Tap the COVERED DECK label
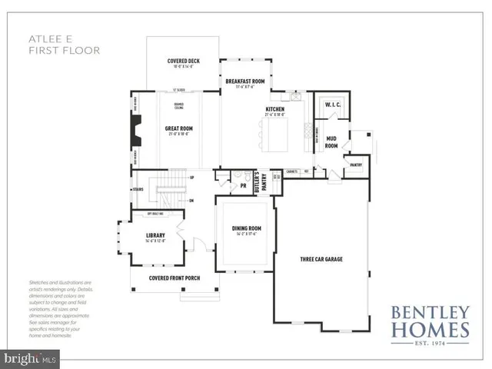pos(184,61)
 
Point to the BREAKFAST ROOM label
pos(244,81)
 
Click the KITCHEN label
pos(275,110)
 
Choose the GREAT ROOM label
pos(178,129)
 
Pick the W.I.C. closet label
pos(333,104)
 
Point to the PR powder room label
pos(243,185)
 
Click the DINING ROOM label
pos(243,228)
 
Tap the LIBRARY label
pos(156,236)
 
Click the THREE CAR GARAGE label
pos(321,259)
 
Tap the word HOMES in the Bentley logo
pos(430,330)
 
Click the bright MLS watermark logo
pos(31,357)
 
